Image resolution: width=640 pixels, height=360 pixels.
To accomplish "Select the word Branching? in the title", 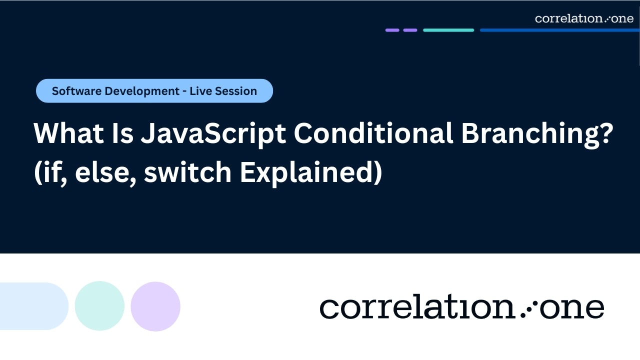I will (x=536, y=134).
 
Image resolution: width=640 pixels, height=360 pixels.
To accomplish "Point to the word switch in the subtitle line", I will (x=188, y=172).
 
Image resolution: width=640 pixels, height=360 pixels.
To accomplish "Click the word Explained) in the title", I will (x=310, y=172).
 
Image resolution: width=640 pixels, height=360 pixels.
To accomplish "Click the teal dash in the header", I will (x=448, y=30).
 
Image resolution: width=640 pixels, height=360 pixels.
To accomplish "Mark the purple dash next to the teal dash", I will (x=410, y=30).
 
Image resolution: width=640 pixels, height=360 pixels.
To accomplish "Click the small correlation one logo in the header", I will (x=584, y=18).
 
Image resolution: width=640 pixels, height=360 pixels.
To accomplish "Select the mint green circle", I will (x=99, y=306).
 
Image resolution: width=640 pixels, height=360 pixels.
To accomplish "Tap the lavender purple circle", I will (x=155, y=306).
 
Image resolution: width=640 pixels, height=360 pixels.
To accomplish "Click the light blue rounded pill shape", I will (x=32, y=306).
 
